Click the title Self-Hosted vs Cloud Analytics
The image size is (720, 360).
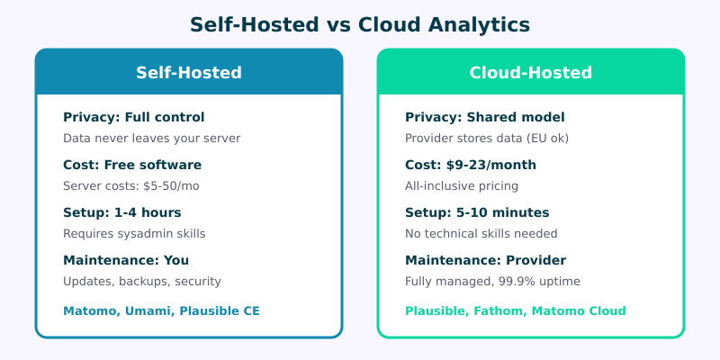(360, 25)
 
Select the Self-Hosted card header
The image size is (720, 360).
(189, 73)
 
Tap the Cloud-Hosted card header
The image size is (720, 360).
(531, 73)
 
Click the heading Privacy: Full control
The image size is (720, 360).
(133, 117)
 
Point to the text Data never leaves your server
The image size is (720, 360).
(151, 139)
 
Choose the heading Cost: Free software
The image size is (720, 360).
(132, 165)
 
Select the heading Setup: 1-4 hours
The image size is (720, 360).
(122, 212)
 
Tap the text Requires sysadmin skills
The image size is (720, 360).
(134, 234)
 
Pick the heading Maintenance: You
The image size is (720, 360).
(126, 260)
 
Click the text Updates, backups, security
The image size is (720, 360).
(141, 282)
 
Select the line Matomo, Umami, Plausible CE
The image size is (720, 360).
(161, 310)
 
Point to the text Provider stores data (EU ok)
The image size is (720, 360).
(487, 139)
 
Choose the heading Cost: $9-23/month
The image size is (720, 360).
(471, 165)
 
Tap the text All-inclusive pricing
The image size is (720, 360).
(462, 186)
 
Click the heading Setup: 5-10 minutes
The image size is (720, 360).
(477, 212)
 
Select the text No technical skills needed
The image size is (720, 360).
(481, 234)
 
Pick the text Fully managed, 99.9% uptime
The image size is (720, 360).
(492, 282)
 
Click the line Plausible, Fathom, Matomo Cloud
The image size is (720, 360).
(515, 310)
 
